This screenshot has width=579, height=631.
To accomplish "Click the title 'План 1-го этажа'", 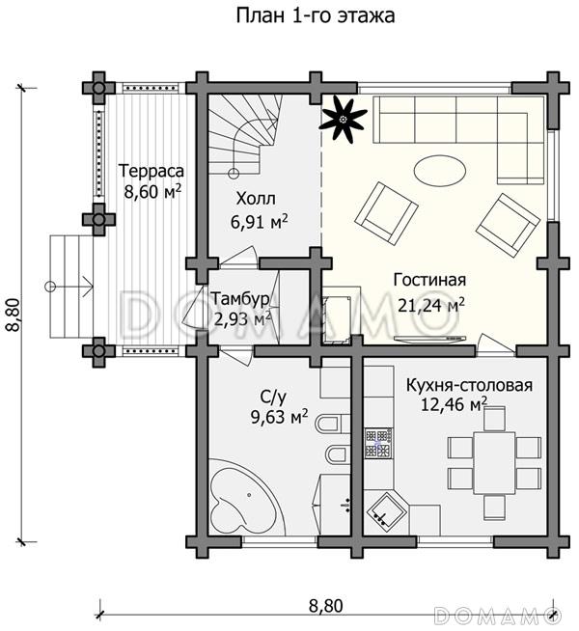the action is point(315,15).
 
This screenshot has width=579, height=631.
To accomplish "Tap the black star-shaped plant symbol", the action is point(344,119).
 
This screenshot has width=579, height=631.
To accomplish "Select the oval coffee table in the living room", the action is point(440,171).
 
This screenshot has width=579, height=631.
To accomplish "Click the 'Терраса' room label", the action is point(152,171).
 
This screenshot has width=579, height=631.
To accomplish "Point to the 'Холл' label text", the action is point(256,199).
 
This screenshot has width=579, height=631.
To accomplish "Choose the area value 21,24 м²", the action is point(431,306).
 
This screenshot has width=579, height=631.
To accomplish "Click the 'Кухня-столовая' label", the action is point(469,385).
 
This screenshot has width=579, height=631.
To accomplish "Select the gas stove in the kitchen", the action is point(378,444).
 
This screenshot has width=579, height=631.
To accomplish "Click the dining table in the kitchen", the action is point(494,463).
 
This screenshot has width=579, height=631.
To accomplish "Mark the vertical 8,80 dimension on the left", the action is point(14,315).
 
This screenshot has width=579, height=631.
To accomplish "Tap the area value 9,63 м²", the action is point(280,416).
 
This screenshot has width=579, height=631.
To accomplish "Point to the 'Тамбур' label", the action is point(240,299).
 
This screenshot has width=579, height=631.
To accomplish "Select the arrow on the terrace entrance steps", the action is point(69,287).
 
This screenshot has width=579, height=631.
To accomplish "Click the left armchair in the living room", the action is point(386,213).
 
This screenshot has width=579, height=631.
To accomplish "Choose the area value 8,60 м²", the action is point(152,192).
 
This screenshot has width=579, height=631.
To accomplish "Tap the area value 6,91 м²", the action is point(260,221).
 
